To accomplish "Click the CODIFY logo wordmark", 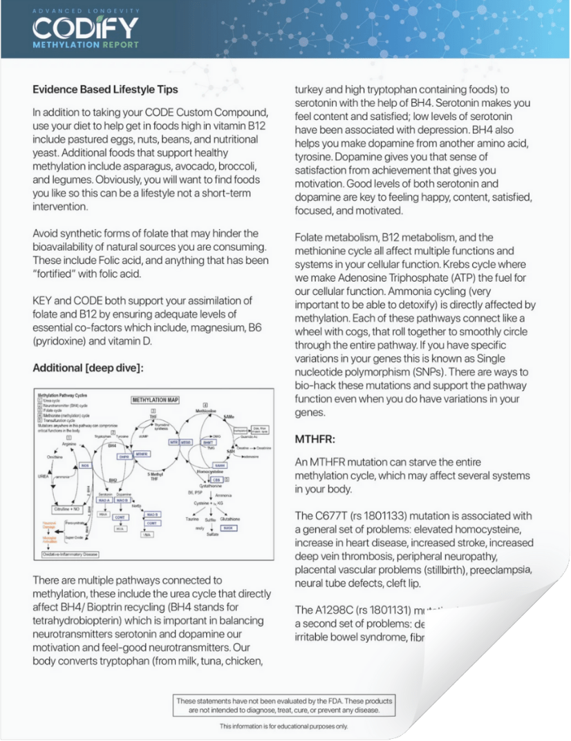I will pos(85,28).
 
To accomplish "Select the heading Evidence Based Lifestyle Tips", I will pos(105,89).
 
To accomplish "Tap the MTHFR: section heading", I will pos(316,439).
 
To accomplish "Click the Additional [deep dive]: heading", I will pos(88,368).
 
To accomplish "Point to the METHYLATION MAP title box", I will pos(156,400).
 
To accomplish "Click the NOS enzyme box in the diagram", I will pos(86,467).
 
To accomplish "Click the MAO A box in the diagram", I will pos(104,501).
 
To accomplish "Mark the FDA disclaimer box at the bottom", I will pos(284,705).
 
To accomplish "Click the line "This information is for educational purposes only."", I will pos(284,726).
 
